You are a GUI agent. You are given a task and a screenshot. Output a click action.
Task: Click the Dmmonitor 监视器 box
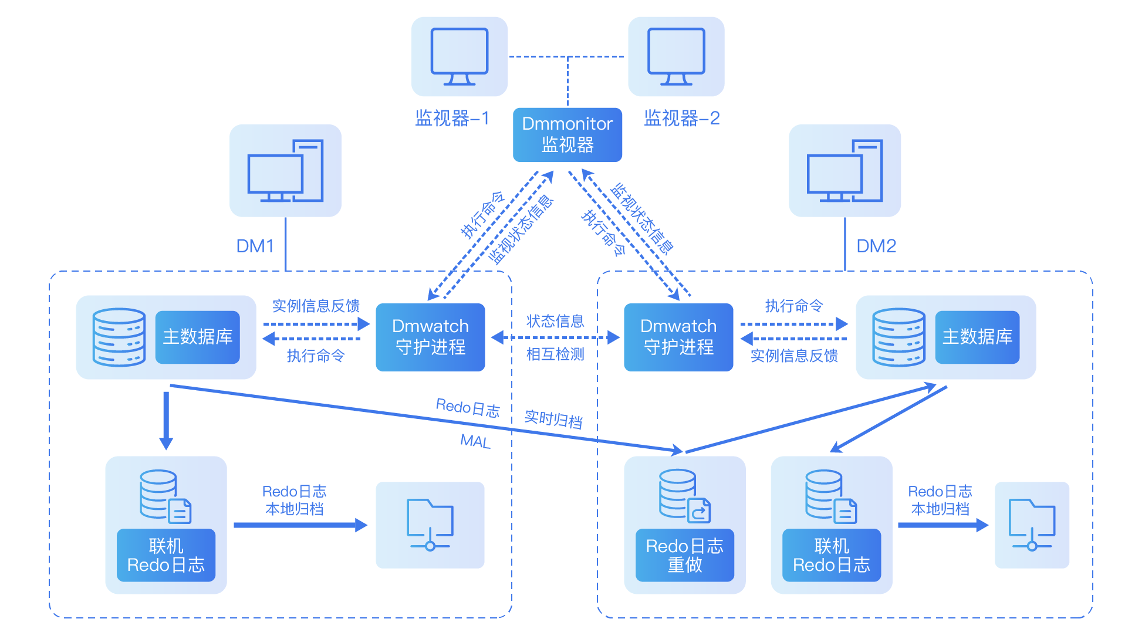coord(567,134)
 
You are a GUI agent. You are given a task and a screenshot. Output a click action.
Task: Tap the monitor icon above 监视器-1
coord(459,56)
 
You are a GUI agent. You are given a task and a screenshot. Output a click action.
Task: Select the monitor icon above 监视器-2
coord(676,56)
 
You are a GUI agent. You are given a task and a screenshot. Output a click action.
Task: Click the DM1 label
coord(255,246)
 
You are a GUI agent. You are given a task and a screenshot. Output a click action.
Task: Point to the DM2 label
coord(876,246)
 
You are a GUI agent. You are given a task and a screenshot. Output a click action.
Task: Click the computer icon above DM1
coord(285,171)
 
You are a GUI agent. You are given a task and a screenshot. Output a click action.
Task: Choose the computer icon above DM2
coord(845,171)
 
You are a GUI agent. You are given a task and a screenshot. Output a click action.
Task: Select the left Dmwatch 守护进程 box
coord(430,337)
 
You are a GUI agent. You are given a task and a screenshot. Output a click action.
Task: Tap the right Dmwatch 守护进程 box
coord(678,337)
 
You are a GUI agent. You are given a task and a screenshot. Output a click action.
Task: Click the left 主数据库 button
coord(197,337)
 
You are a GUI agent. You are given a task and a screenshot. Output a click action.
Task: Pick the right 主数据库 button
coord(977,337)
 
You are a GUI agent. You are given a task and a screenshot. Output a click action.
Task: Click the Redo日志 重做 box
coord(684,555)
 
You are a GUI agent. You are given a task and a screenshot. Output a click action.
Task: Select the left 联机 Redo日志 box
coord(166,555)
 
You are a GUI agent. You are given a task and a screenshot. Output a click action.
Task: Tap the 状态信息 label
coord(555,321)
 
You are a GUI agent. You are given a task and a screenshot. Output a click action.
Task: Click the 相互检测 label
coord(555,354)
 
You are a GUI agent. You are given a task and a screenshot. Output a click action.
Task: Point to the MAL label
coord(475,441)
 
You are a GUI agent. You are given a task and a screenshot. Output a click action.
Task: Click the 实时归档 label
coord(553,419)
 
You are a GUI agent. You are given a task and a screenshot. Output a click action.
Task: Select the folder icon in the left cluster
coord(430,525)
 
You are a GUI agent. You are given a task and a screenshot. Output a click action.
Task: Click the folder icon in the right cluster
coord(1032,525)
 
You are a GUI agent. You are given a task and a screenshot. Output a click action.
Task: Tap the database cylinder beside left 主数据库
coord(119,337)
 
